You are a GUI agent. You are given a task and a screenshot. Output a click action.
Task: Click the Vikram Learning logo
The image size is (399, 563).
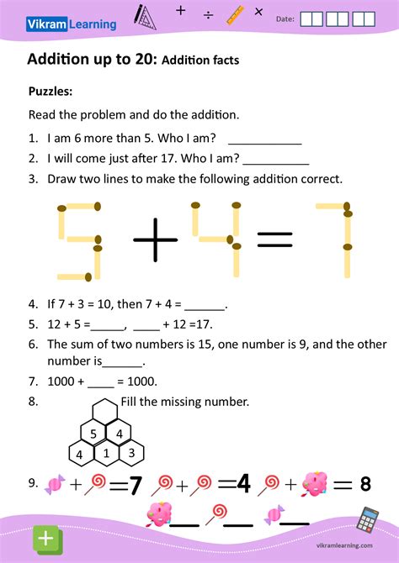82,24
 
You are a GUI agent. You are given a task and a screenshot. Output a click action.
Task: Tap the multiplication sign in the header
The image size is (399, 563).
258,13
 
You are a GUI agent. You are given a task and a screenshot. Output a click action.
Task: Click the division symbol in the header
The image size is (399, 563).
208,14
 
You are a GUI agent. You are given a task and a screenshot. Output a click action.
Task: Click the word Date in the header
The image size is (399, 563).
285,18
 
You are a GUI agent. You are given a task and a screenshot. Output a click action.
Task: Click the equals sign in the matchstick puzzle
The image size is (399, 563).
274,240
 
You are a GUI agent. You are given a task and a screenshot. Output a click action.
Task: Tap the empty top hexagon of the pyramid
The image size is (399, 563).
105,412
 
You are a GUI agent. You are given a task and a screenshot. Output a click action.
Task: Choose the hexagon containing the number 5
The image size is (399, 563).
93,434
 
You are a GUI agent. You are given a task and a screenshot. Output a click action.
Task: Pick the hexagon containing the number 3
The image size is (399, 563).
131,454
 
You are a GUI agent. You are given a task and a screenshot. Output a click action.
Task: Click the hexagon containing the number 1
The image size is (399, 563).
106,454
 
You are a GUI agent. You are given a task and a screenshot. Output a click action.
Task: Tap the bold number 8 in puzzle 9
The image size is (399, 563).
365,484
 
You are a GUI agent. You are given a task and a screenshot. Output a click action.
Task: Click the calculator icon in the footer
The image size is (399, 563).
367,520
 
